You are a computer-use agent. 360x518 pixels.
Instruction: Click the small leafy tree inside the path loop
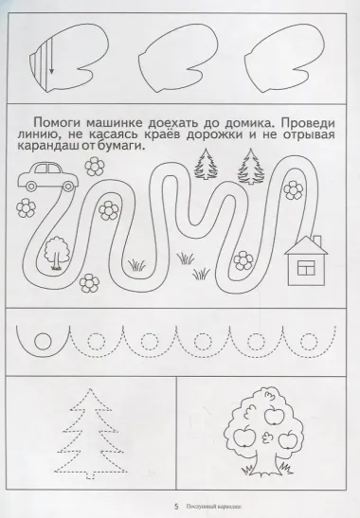point(56,252)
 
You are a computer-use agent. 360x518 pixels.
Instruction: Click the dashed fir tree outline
point(89,435)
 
